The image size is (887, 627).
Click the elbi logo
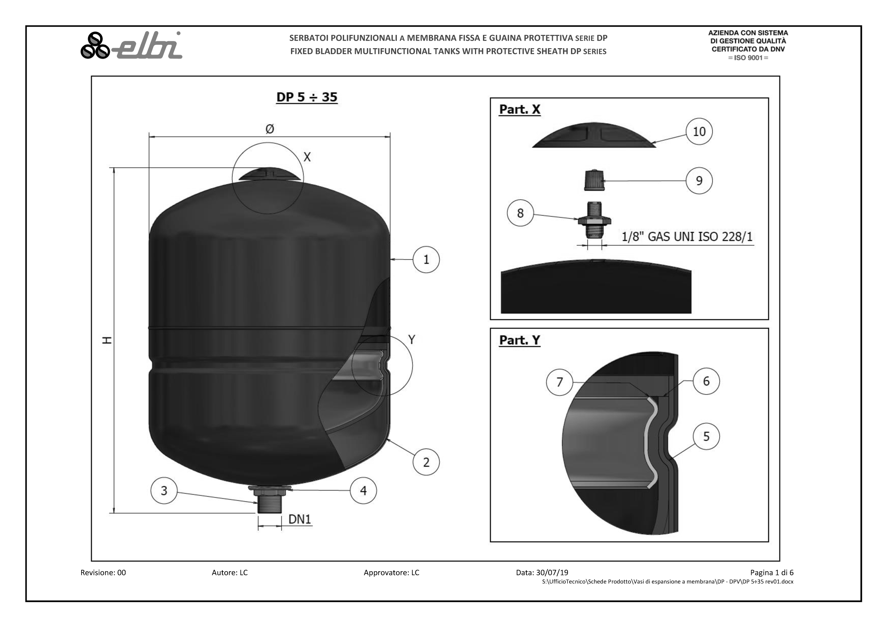(131, 45)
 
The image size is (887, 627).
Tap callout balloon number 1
(426, 259)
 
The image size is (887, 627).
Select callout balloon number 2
(426, 462)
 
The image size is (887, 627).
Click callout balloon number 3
(164, 490)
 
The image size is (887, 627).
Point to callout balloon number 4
(363, 490)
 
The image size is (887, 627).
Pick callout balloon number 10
(699, 131)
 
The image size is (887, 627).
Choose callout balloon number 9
(699, 181)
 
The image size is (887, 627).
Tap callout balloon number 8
(521, 213)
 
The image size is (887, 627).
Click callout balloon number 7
(559, 382)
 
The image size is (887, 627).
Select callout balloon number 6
(706, 381)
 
